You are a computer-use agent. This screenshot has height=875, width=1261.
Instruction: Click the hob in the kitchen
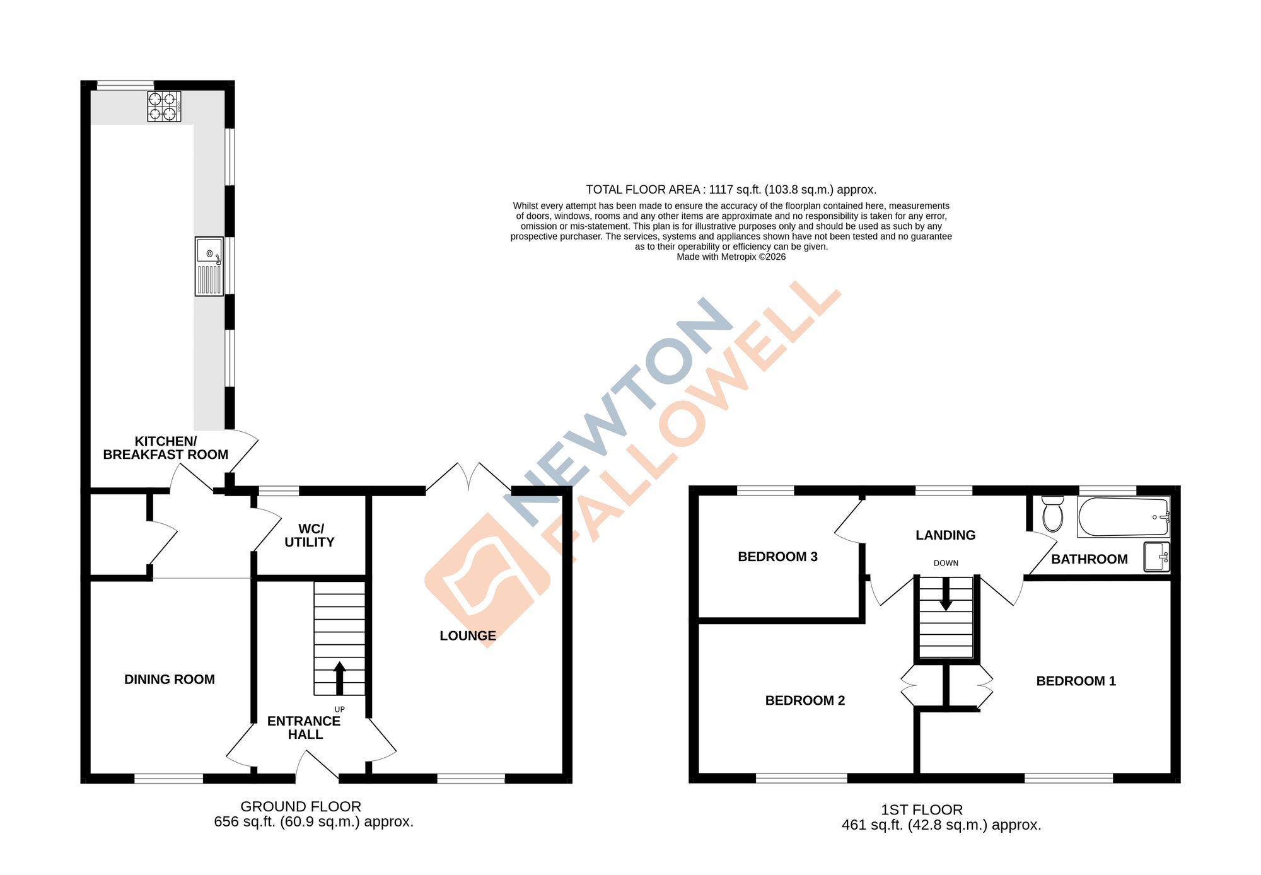(164, 106)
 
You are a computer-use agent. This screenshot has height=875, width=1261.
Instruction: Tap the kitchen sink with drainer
(209, 266)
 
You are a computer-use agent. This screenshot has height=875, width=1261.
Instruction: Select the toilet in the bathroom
(1052, 514)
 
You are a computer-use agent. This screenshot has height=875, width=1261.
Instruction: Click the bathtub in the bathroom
(1123, 517)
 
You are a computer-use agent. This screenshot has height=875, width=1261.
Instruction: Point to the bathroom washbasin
(1156, 557)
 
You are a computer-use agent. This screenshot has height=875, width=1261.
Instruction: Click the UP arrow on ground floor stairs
(339, 677)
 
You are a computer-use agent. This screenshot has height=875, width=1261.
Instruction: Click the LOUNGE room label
(468, 635)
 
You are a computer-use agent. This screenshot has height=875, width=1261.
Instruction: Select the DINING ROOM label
(170, 679)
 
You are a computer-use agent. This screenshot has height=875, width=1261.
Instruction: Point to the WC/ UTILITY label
(310, 535)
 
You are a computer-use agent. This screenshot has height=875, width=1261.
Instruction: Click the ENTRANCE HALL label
(304, 727)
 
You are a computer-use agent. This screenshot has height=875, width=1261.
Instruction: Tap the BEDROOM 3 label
(777, 557)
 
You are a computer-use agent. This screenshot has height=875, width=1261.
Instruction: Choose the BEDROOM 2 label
(805, 700)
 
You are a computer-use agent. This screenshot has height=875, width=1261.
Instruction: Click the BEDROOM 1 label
(1076, 681)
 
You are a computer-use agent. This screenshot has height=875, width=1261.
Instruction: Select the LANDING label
(945, 535)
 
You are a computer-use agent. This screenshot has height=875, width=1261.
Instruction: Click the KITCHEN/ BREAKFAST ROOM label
(166, 448)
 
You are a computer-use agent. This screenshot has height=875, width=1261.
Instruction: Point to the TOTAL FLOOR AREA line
(731, 190)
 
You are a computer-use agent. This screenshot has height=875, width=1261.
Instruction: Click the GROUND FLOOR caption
(301, 806)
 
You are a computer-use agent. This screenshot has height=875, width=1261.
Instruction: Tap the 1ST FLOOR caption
(921, 809)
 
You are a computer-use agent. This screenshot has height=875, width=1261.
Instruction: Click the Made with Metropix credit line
(731, 257)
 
